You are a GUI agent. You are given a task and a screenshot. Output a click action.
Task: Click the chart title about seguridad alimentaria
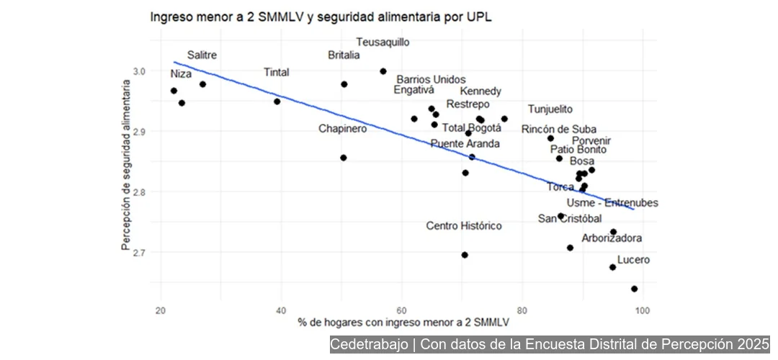tap(321, 17)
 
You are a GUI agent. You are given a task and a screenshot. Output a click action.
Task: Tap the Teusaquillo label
tap(383, 42)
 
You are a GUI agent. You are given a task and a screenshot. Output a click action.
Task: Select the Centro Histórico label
tap(464, 226)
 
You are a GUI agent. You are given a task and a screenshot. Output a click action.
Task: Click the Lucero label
tap(633, 260)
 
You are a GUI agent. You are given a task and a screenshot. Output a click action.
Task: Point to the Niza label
tap(182, 74)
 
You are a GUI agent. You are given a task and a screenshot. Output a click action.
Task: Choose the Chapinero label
tap(343, 129)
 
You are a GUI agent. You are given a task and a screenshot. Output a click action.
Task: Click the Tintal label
tap(277, 73)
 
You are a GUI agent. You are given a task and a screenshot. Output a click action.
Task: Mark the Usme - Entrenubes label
tap(612, 204)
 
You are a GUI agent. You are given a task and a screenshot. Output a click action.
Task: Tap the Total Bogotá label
tap(471, 128)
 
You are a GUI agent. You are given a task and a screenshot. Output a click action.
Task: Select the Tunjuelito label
tap(550, 109)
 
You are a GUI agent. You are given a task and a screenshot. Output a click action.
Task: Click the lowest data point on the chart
tap(635, 289)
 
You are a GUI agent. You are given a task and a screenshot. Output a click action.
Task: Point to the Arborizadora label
tap(612, 238)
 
